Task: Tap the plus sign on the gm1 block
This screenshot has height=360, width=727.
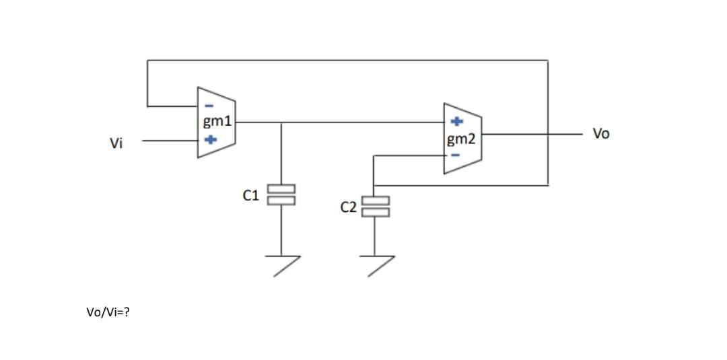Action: pos(210,140)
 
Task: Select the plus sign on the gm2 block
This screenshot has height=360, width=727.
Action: pos(456,122)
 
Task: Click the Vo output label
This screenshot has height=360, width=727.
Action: pos(601,134)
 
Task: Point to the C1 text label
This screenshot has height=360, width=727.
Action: pos(250,196)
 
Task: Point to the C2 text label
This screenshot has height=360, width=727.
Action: pos(348,207)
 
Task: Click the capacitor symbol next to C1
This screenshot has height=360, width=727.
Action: pos(281,194)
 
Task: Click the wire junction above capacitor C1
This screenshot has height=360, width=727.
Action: pos(281,122)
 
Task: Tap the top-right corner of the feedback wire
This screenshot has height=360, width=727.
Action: pos(548,61)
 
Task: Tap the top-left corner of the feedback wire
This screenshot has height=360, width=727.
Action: pos(147,61)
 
